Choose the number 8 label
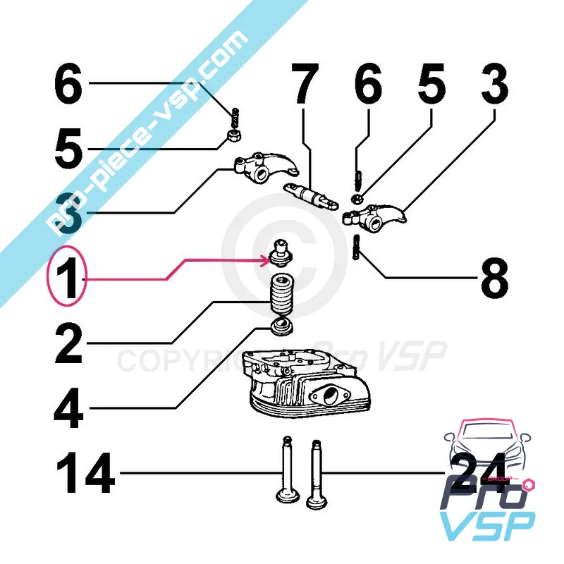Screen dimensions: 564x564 coord(494,280)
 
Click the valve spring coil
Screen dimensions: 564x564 coord(281,296)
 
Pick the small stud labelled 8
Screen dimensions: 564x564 coord(357,248)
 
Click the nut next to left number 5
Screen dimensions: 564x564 coord(233,135)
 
